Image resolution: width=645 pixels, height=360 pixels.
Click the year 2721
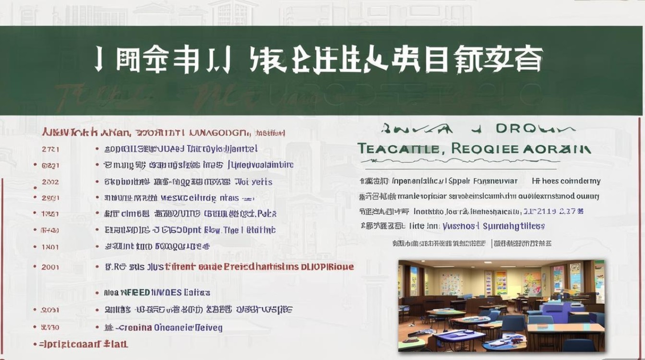[x=50, y=149]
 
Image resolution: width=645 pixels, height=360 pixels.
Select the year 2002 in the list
[x=50, y=182]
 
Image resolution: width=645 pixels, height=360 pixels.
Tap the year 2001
[x=50, y=267]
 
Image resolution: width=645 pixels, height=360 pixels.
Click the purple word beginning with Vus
[x=460, y=226]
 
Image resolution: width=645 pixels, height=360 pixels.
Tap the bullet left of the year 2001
[x=35, y=267]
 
